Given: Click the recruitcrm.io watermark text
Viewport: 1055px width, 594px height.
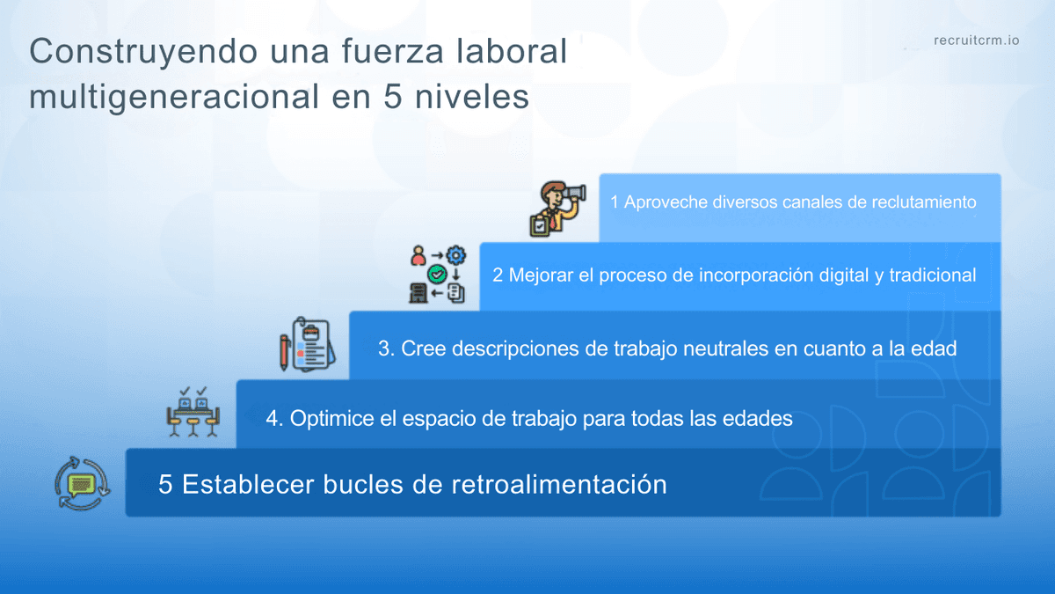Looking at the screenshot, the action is (x=977, y=40).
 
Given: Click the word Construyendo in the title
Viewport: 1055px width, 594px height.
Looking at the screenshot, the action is (x=143, y=52).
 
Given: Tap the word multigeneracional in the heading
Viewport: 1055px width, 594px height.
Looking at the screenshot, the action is (x=174, y=97).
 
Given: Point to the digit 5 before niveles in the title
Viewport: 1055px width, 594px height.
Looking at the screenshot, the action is (x=392, y=97).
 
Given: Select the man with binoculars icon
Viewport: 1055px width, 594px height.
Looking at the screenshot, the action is (x=558, y=209).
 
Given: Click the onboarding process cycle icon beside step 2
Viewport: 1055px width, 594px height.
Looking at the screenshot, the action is (x=438, y=274).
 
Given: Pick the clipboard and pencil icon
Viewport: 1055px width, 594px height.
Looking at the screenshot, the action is (x=308, y=344).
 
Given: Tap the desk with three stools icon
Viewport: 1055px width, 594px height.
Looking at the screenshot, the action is (x=193, y=412).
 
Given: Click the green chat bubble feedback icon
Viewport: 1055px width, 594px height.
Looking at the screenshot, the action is (x=83, y=484).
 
